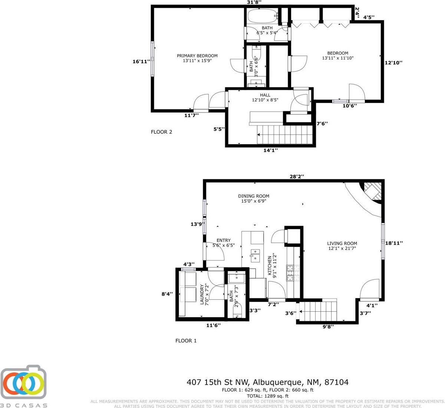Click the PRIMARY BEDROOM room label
[197, 56]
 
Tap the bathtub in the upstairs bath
[263, 16]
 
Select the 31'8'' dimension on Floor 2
[254, 3]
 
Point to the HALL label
[265, 95]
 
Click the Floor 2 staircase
[285, 135]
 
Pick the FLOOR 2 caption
[161, 132]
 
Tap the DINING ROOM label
[254, 196]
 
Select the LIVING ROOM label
[342, 243]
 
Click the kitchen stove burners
[293, 273]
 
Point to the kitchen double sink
[256, 255]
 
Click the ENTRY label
[223, 240]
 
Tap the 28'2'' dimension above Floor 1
[297, 176]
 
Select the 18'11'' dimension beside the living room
[394, 243]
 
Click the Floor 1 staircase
[318, 311]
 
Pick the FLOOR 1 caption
[186, 341]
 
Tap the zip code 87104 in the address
[336, 382]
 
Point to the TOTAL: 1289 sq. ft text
[267, 396]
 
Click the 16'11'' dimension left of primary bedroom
[141, 62]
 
